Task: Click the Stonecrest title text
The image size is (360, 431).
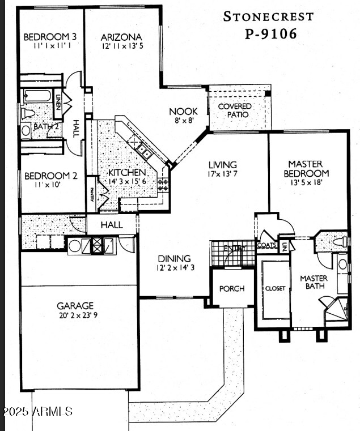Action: click(x=268, y=16)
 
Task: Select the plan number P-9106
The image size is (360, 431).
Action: click(x=270, y=34)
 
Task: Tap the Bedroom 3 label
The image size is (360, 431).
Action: click(x=50, y=37)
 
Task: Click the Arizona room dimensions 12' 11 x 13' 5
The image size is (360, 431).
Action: click(x=122, y=46)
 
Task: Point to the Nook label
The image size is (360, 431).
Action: click(x=183, y=112)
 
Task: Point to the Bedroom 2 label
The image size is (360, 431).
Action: click(x=50, y=176)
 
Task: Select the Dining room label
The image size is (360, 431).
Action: click(x=174, y=258)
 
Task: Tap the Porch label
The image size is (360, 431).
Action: click(x=232, y=288)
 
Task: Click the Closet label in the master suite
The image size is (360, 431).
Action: click(x=275, y=288)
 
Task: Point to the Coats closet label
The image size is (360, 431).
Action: click(x=266, y=245)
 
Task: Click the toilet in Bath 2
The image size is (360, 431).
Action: click(x=27, y=113)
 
